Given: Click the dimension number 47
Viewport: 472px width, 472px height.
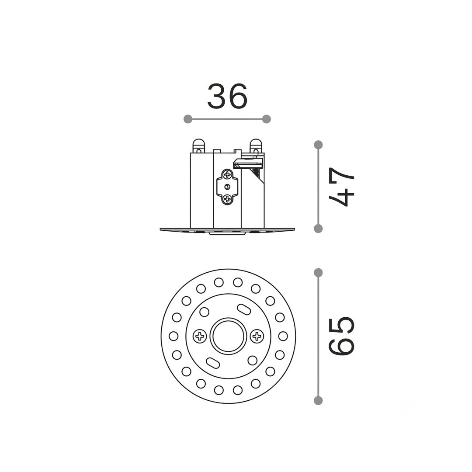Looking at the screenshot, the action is (x=341, y=187).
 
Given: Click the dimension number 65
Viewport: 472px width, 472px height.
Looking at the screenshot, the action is (x=341, y=336).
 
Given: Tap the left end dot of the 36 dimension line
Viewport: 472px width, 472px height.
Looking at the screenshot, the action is (x=188, y=119).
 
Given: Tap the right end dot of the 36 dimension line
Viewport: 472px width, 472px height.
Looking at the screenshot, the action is (x=267, y=119).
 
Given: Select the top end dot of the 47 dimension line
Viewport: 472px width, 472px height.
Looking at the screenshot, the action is (x=318, y=145).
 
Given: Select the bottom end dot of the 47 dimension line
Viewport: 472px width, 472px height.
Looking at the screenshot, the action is (x=318, y=229).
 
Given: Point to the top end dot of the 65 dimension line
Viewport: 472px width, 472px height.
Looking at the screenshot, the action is (x=318, y=273).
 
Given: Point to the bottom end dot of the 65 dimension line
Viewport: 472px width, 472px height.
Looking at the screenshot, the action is (x=318, y=400).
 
